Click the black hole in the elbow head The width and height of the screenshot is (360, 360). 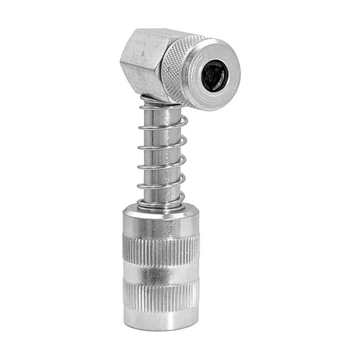(214, 75)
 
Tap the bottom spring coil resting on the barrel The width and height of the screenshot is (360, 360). (160, 203)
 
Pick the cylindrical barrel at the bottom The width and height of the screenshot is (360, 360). (161, 267)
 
